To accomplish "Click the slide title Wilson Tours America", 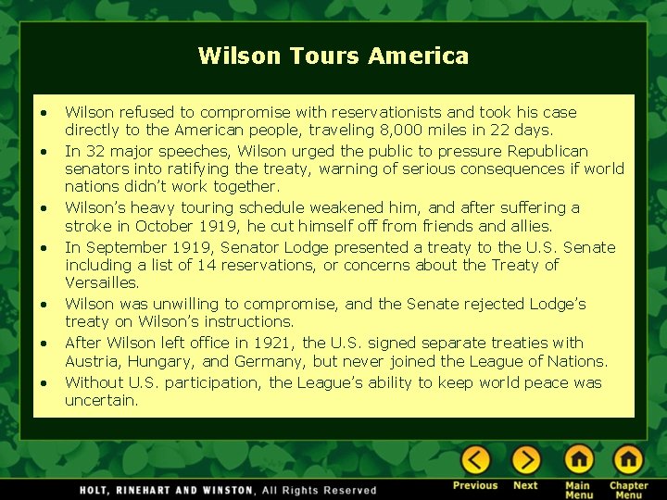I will pos(333,56).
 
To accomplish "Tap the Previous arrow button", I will pos(476,459).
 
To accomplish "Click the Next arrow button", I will pos(525,459).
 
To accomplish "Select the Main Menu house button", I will pos(579,459).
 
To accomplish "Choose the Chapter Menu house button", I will pos(628,459).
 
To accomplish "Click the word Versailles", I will pos(102,282).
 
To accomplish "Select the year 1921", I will pos(277,343).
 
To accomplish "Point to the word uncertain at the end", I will pos(101,400).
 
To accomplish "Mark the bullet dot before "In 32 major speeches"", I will pos(44,151).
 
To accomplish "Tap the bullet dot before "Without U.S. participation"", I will pos(44,382).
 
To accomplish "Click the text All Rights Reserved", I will pos(320,490).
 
